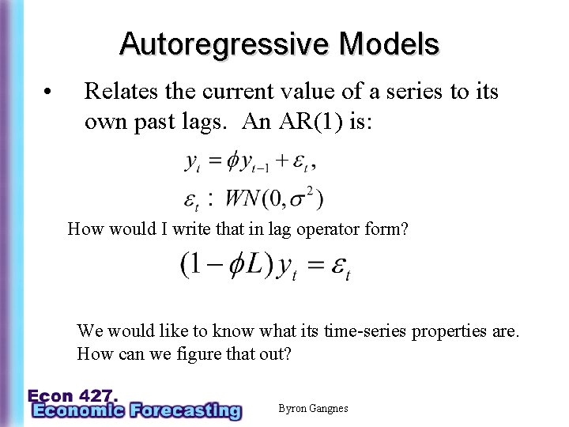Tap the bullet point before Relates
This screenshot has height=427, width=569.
coord(49,92)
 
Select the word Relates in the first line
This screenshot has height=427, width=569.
coord(122,92)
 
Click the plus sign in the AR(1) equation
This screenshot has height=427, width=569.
coord(281,162)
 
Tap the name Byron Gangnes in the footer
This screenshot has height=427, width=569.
coord(313,408)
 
